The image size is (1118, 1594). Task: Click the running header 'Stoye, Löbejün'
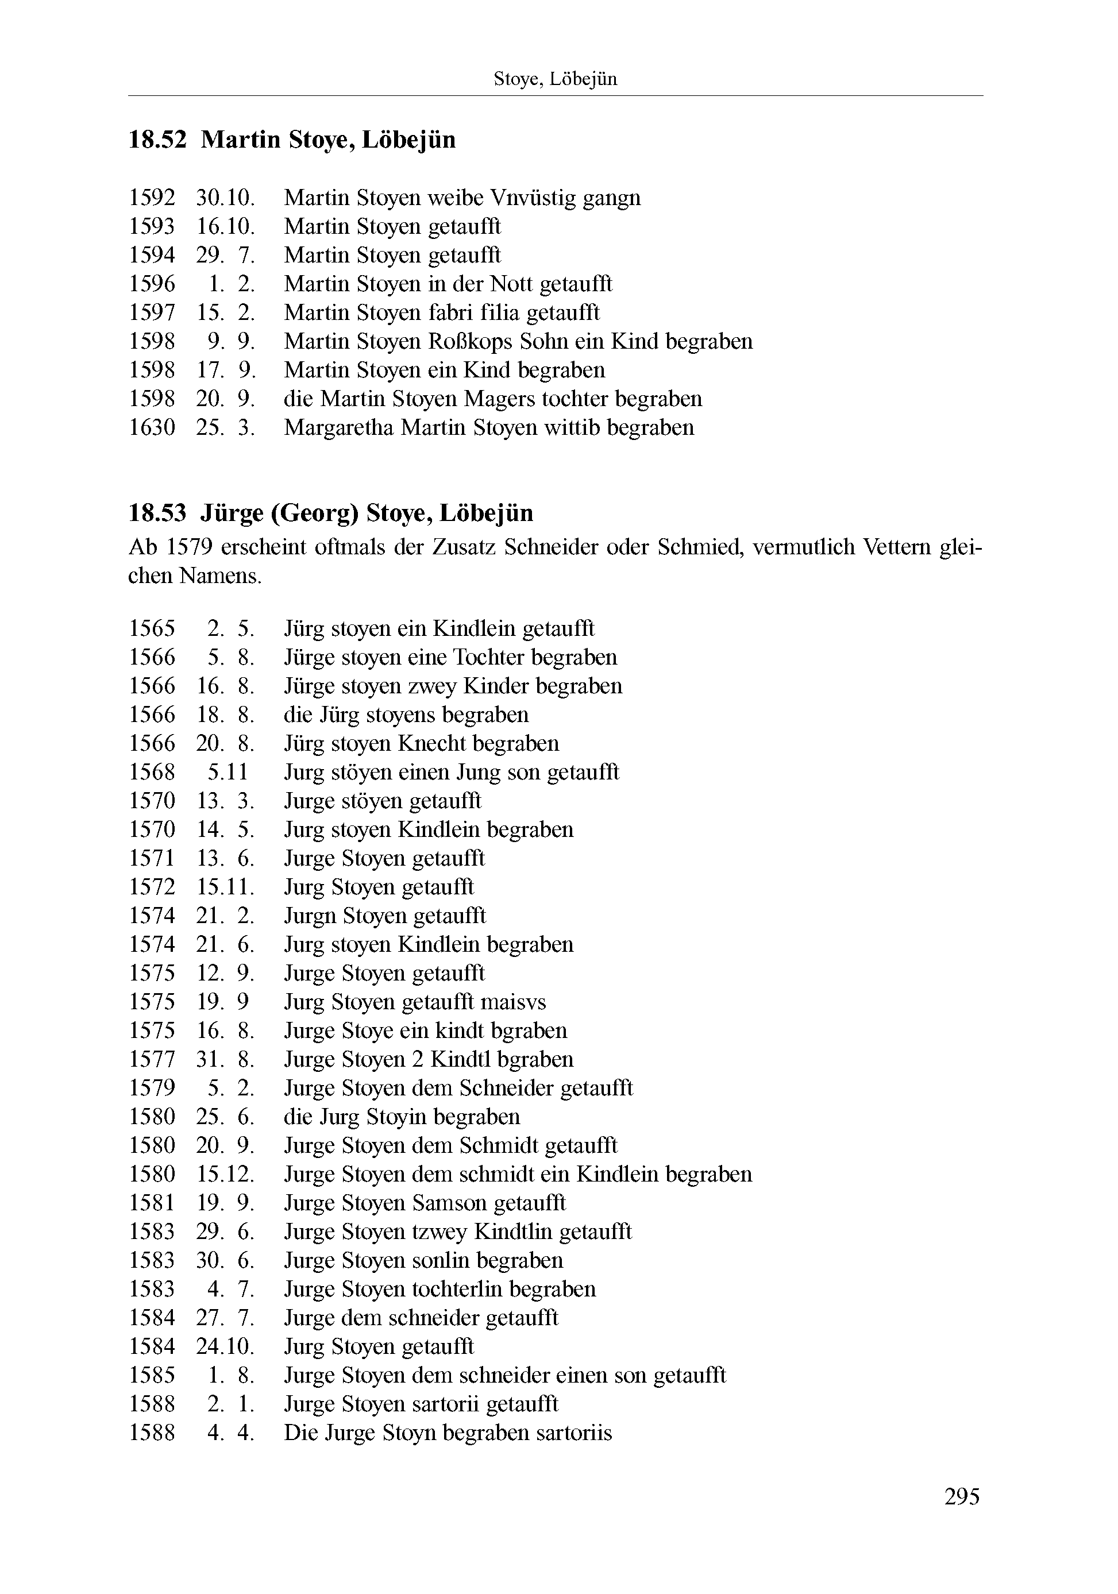point(555,79)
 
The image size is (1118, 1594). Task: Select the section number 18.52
point(157,140)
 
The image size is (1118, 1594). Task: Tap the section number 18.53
point(157,513)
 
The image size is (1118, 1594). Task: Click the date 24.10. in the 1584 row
point(225,1347)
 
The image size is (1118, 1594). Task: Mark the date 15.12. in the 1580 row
point(225,1174)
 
